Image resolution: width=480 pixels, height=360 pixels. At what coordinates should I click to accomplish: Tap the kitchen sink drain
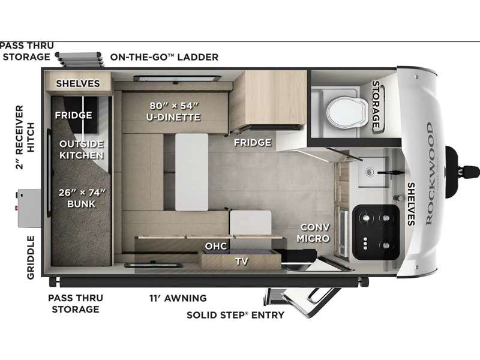tap(370, 172)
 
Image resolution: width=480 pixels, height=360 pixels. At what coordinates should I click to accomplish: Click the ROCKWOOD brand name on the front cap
tap(430, 173)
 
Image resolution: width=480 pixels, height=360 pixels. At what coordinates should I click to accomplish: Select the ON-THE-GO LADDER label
tap(164, 57)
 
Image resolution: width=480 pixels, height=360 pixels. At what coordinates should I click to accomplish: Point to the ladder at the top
tap(80, 59)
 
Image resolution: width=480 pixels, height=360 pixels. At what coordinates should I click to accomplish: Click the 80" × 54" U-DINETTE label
tap(173, 112)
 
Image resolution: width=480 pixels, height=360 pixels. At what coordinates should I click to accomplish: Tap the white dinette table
tap(191, 172)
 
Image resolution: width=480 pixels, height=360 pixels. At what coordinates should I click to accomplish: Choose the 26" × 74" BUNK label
tap(82, 198)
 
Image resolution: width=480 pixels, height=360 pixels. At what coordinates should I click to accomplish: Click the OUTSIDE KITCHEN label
tap(82, 149)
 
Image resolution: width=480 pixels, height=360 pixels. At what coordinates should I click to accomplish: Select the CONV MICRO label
tap(313, 233)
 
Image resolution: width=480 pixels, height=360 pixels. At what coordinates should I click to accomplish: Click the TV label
tap(242, 261)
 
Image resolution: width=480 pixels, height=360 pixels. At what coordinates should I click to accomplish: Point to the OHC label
tap(216, 246)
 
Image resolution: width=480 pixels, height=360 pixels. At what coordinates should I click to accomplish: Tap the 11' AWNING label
tap(178, 298)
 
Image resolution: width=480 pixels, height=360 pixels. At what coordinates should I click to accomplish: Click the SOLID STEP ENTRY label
tap(235, 314)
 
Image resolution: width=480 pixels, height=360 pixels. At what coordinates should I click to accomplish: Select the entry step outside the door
tap(303, 302)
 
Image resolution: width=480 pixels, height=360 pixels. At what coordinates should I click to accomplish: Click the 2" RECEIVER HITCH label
tap(25, 137)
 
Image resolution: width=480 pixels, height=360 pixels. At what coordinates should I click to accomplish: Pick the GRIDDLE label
tap(31, 257)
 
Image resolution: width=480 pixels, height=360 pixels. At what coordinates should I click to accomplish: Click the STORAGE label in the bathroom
tap(376, 104)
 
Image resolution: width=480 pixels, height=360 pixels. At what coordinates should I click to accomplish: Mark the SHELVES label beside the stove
tap(411, 204)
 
